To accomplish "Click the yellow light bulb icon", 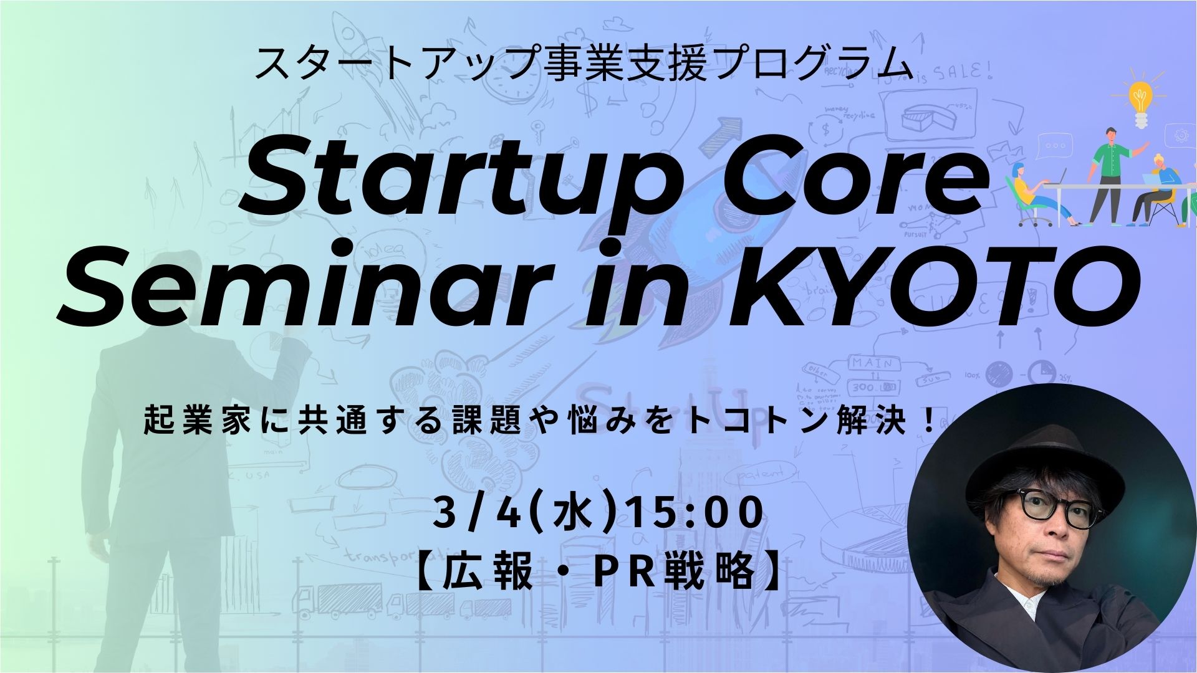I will pos(1140,102).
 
